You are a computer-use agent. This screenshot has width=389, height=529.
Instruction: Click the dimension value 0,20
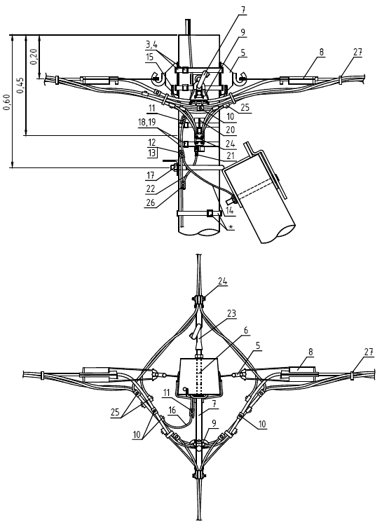click(34, 56)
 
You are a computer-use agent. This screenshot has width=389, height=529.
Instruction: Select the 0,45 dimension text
click(20, 85)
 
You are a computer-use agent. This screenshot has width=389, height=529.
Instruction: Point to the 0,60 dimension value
click(7, 102)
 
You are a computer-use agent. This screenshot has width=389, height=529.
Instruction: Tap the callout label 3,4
click(151, 44)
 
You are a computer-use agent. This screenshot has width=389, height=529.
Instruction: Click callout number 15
click(150, 56)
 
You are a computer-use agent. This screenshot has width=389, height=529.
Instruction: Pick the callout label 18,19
click(146, 122)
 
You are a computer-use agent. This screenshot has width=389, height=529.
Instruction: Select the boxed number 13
click(152, 153)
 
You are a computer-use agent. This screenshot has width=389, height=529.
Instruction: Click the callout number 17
click(151, 175)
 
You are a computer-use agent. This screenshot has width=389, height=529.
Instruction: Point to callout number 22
click(151, 188)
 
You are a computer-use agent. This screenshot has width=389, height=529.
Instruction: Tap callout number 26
click(151, 202)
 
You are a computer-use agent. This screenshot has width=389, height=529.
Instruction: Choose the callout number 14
click(229, 209)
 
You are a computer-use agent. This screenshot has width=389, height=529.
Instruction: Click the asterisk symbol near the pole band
click(231, 226)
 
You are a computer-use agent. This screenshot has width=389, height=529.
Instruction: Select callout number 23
click(231, 313)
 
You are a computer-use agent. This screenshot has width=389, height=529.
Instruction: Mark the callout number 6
click(246, 330)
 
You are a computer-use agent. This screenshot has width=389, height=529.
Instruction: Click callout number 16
click(172, 410)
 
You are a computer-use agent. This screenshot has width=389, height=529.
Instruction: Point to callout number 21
click(231, 156)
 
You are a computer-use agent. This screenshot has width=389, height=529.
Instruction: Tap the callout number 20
click(231, 130)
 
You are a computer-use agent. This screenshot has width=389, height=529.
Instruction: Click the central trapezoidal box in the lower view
click(199, 376)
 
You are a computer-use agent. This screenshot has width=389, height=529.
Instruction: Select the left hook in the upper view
click(157, 78)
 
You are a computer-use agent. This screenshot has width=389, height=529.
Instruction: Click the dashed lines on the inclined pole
click(253, 190)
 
